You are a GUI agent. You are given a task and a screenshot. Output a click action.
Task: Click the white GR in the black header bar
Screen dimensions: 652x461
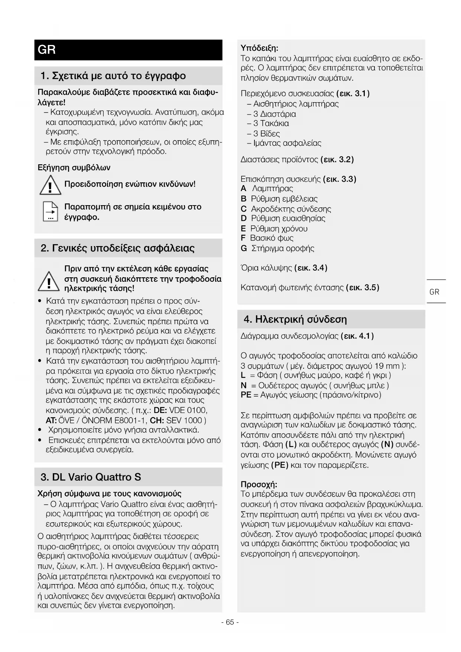pyautogui.click(x=47, y=49)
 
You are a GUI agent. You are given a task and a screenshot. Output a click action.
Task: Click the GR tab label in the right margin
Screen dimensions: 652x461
pyautogui.click(x=434, y=292)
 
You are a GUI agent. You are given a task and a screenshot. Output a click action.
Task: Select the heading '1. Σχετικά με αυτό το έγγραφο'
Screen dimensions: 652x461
pyautogui.click(x=113, y=76)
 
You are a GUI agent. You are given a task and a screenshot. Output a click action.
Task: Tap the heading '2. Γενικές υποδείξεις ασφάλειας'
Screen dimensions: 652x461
pyautogui.click(x=117, y=248)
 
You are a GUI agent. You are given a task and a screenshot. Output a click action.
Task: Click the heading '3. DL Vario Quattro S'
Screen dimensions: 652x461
pyautogui.click(x=91, y=477)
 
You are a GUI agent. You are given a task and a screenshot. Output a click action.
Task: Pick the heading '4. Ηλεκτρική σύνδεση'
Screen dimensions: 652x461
pyautogui.click(x=295, y=319)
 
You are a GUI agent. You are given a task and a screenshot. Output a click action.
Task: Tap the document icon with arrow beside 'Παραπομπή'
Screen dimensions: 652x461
pyautogui.click(x=50, y=212)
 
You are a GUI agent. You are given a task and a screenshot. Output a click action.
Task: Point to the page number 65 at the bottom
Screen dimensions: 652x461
pyautogui.click(x=230, y=622)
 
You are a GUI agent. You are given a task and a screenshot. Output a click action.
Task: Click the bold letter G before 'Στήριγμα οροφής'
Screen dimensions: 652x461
pyautogui.click(x=244, y=248)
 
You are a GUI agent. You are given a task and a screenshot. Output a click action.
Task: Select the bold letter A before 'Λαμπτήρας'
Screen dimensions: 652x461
pyautogui.click(x=244, y=189)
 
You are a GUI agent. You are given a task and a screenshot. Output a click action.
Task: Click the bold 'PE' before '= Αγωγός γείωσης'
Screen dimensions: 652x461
pyautogui.click(x=246, y=395)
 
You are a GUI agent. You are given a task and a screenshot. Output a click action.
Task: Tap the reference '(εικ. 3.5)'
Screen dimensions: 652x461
pyautogui.click(x=362, y=287)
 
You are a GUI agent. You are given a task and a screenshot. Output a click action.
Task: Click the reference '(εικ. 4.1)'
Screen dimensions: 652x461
pyautogui.click(x=357, y=336)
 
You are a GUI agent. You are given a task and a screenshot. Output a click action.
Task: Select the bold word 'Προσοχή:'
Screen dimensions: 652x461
pyautogui.click(x=259, y=484)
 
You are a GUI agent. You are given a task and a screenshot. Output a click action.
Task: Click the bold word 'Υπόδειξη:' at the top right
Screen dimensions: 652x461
pyautogui.click(x=259, y=48)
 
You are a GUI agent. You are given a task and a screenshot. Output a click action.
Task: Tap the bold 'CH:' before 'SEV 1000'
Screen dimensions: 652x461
pyautogui.click(x=158, y=420)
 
